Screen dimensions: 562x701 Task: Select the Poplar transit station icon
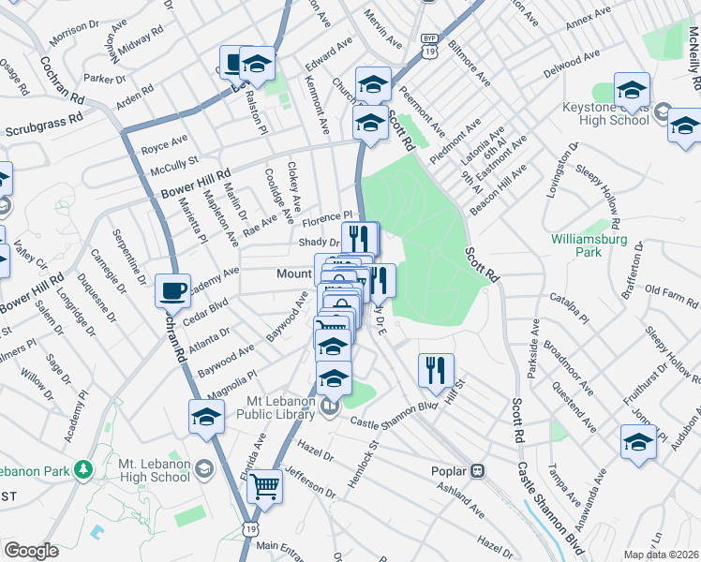477,469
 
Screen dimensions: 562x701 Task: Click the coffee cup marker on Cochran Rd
172,290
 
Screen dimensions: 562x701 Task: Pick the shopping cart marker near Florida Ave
265,485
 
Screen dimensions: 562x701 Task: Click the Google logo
31,551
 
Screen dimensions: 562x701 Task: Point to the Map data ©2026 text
661,555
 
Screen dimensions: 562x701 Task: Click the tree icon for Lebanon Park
84,467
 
